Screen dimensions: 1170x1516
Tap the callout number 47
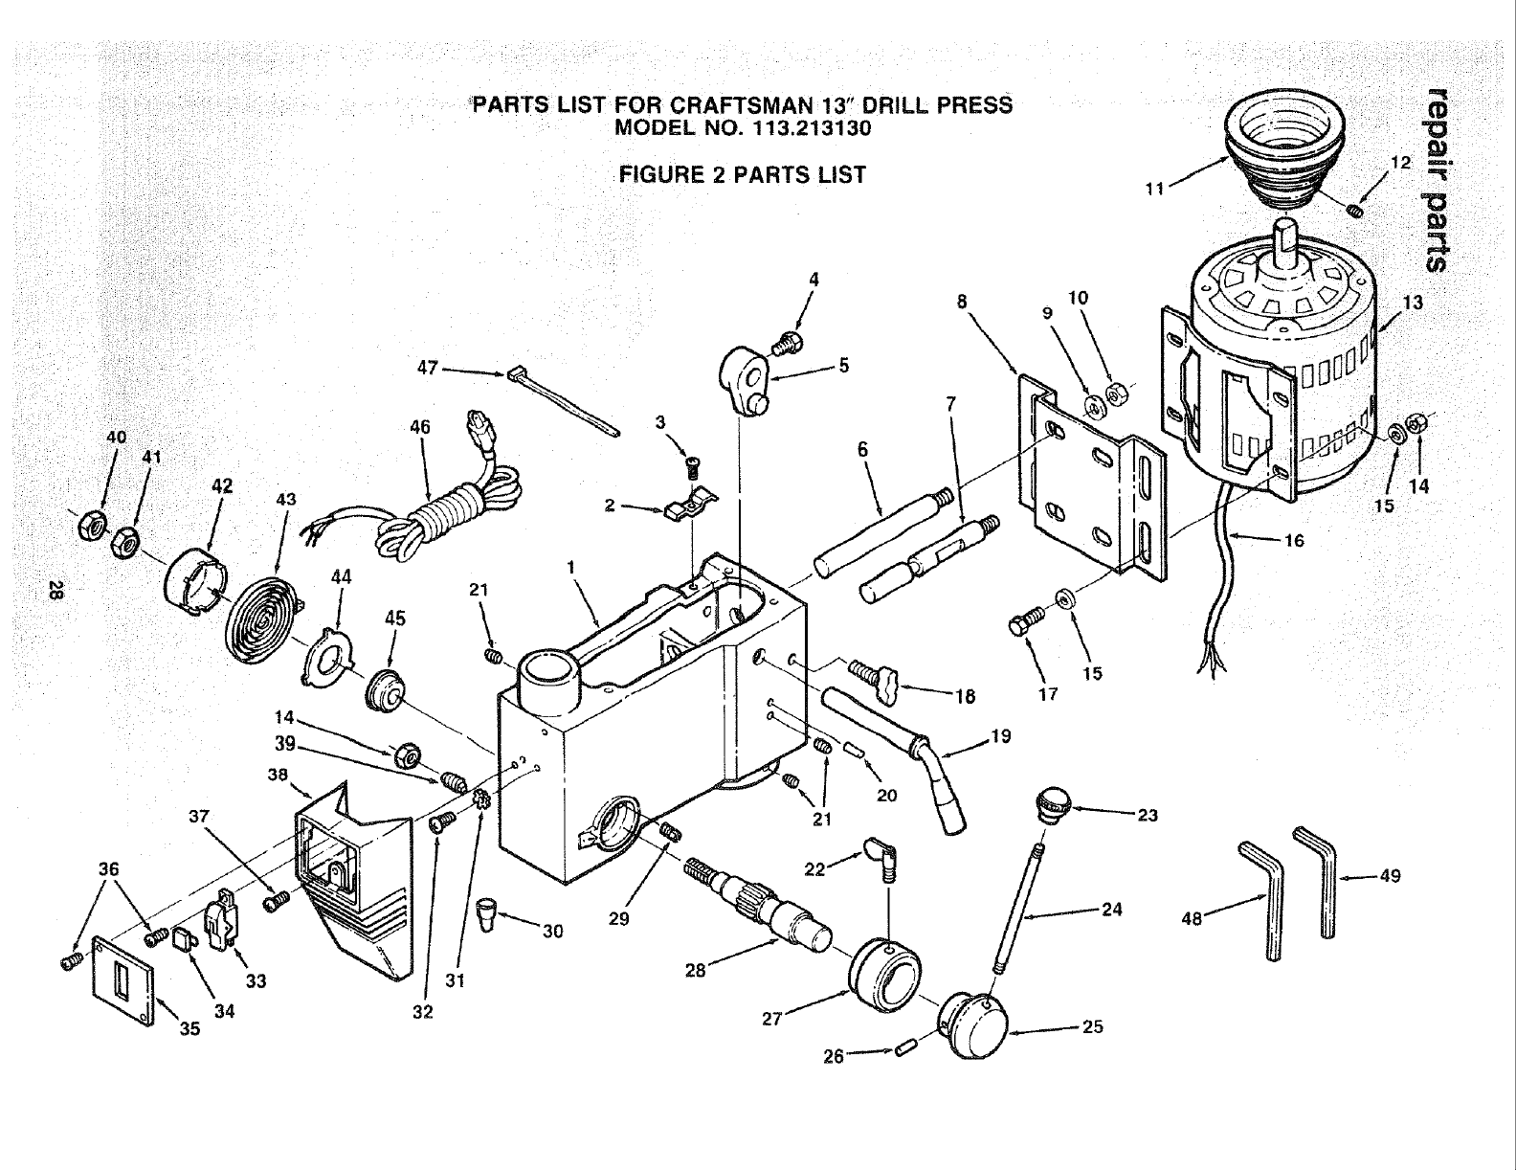pyautogui.click(x=428, y=368)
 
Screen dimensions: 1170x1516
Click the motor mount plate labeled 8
pyautogui.click(x=1091, y=479)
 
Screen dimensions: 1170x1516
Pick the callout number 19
pyautogui.click(x=1000, y=737)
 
